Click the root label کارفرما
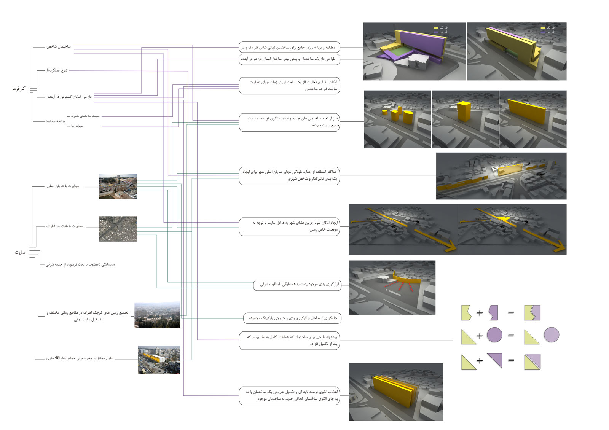(18, 89)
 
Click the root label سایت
(20, 252)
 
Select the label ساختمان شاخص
(59, 46)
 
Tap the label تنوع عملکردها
(57, 70)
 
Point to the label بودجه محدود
(56, 121)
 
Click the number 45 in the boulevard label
(57, 358)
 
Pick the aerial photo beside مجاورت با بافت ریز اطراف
(118, 229)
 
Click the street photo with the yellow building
(159, 360)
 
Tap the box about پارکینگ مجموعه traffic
(292, 318)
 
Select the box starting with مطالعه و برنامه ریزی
(289, 48)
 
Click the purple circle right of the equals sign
(551, 335)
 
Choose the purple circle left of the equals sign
(494, 335)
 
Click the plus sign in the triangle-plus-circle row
(480, 336)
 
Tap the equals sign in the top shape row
(511, 312)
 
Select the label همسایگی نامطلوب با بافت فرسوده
(80, 264)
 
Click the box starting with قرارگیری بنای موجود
(297, 284)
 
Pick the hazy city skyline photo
(157, 315)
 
